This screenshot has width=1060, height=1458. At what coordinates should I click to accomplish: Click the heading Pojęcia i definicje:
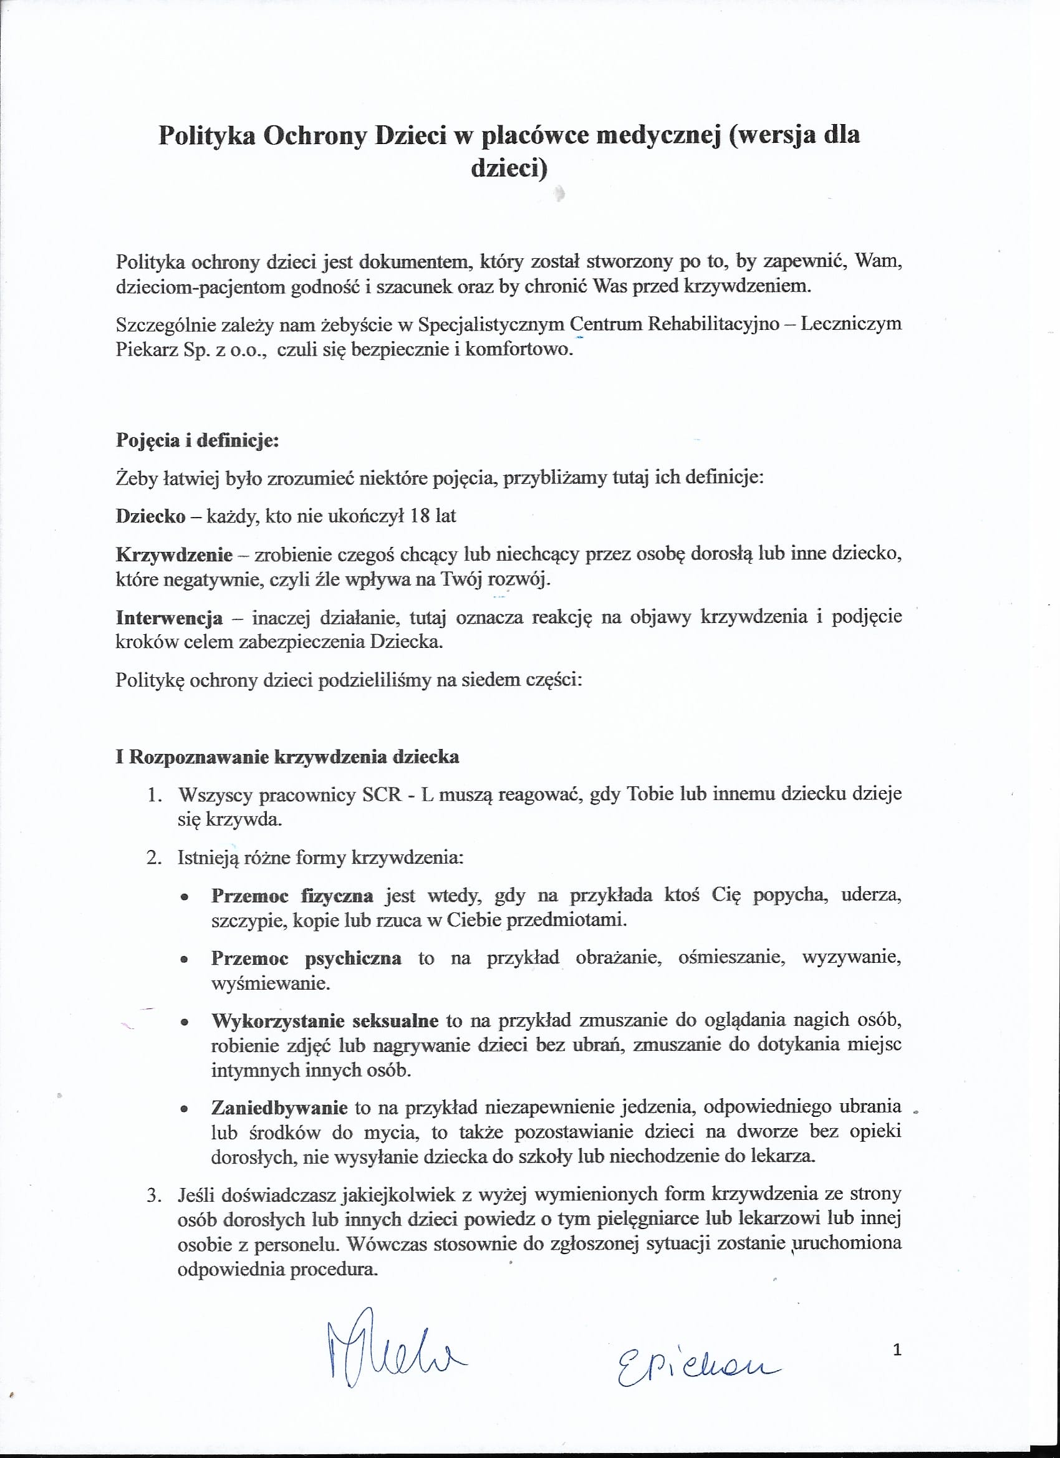196,440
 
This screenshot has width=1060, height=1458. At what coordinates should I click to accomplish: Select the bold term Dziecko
150,516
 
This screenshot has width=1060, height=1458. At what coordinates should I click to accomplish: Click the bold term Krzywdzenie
174,554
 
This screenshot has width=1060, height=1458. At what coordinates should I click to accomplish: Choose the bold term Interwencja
169,618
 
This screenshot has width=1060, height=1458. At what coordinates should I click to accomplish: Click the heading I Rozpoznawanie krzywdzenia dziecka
287,756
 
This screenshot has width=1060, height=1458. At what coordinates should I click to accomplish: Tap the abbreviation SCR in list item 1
382,794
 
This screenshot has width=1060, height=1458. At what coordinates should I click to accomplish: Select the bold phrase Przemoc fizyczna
292,896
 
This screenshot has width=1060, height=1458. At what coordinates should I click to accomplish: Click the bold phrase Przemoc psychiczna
306,958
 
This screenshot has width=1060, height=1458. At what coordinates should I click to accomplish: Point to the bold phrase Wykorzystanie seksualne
325,1021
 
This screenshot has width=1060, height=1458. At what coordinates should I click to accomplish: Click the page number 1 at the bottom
897,1350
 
